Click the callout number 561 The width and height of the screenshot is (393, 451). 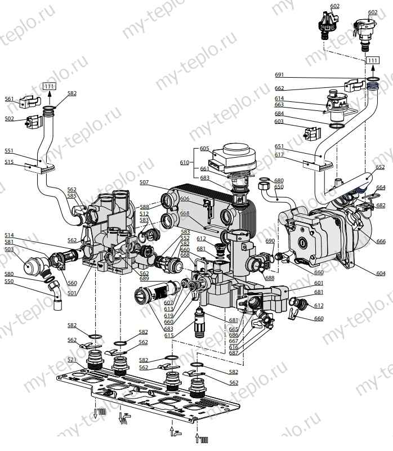tap(9, 99)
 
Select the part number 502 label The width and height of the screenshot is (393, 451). tap(9, 119)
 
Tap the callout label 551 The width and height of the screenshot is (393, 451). tap(9, 151)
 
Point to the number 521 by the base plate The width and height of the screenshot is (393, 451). tap(72, 360)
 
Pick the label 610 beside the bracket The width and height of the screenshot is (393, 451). tap(184, 162)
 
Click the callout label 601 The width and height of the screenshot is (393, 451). tap(319, 283)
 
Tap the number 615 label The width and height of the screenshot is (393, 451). tap(169, 336)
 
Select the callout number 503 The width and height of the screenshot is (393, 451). tap(9, 249)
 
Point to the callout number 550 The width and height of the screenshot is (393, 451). tap(9, 281)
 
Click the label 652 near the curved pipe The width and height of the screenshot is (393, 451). tap(381, 167)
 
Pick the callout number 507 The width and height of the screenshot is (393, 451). tap(145, 182)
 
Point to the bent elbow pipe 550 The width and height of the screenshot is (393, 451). tap(54, 294)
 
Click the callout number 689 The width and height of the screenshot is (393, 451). tap(144, 279)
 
